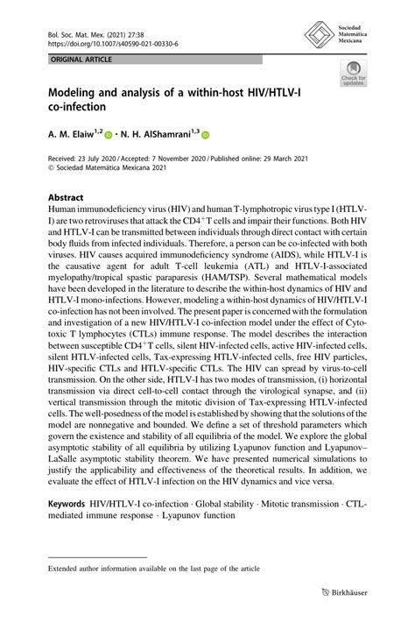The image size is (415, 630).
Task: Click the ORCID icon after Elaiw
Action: click(x=109, y=135)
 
